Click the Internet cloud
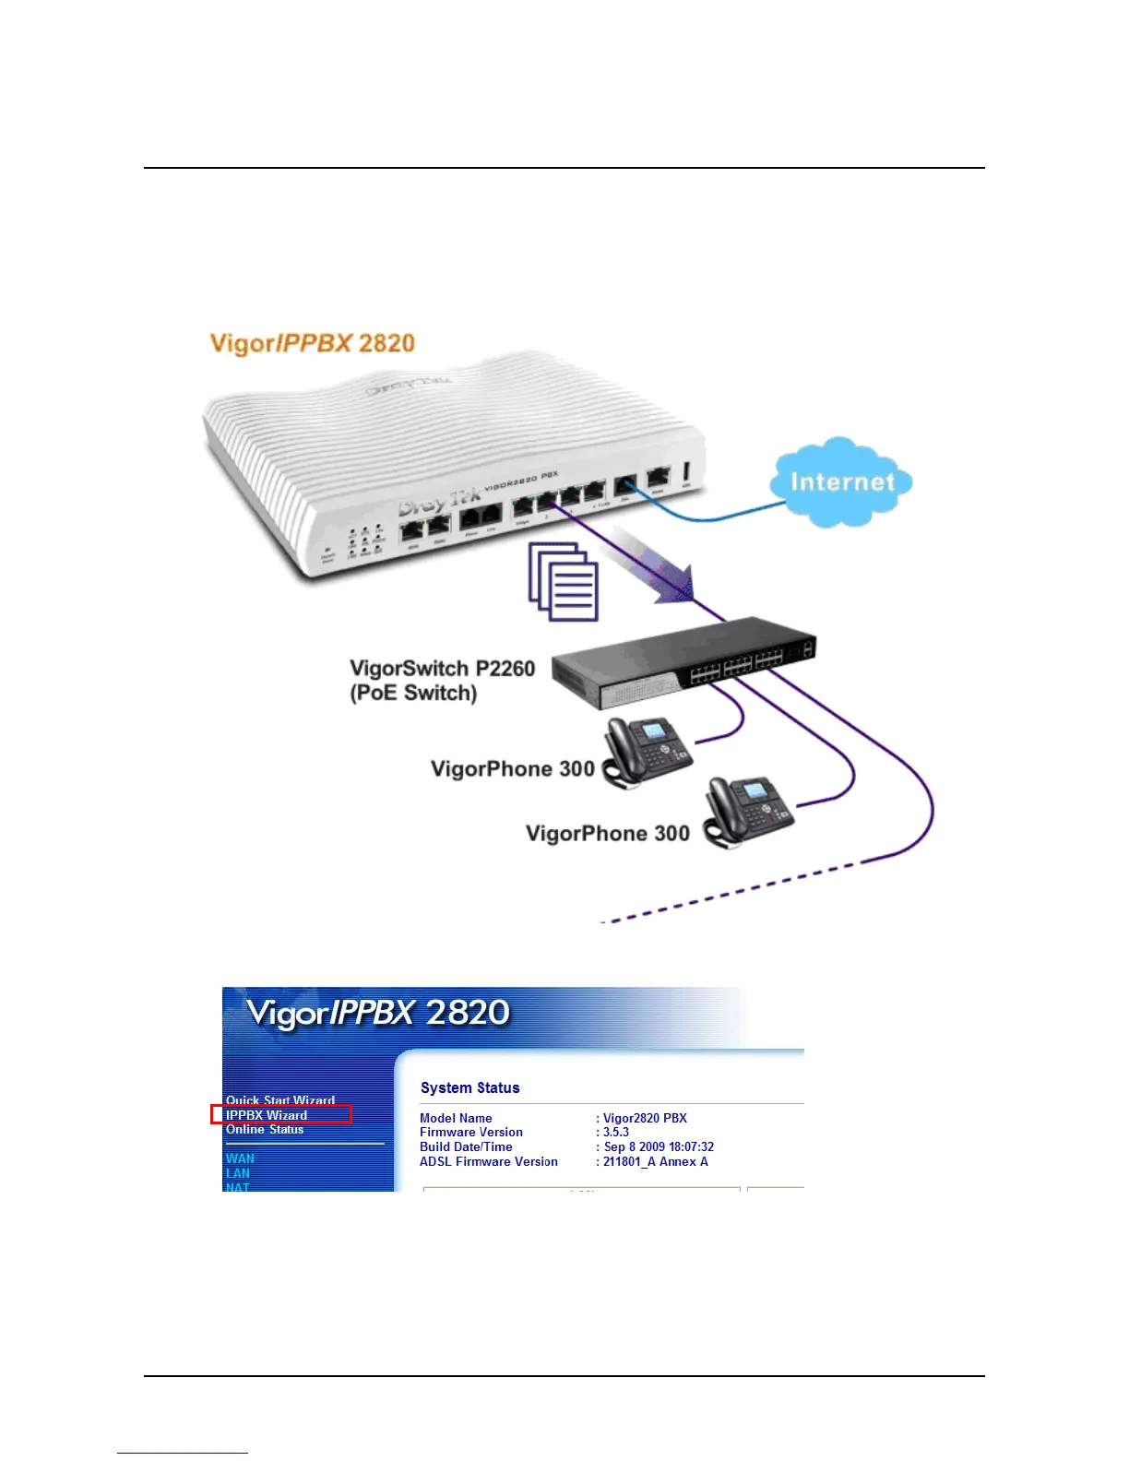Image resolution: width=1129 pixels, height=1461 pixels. click(840, 482)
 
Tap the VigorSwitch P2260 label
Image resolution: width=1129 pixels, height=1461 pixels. click(442, 669)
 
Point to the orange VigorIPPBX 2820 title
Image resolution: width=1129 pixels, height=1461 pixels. click(313, 344)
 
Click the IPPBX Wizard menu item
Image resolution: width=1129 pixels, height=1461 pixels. click(267, 1115)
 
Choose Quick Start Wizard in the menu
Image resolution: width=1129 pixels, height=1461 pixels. click(279, 1100)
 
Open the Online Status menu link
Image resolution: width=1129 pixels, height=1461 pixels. click(265, 1130)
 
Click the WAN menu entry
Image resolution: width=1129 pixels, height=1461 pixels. click(240, 1158)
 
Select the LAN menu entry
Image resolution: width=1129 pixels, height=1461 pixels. click(238, 1173)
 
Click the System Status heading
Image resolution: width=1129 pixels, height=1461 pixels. click(470, 1088)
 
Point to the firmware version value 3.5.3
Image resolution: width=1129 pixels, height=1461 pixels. click(616, 1133)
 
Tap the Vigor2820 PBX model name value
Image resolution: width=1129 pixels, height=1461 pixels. click(645, 1118)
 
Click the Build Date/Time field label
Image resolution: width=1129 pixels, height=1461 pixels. click(466, 1147)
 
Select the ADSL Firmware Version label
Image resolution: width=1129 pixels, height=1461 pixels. click(489, 1162)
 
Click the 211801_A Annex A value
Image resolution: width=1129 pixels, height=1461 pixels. click(656, 1162)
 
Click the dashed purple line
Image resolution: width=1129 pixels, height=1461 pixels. click(729, 893)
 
